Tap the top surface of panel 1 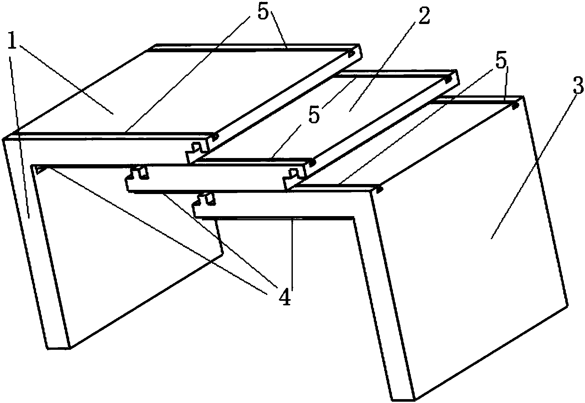tap(182, 91)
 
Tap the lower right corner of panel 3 tap(568, 304)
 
